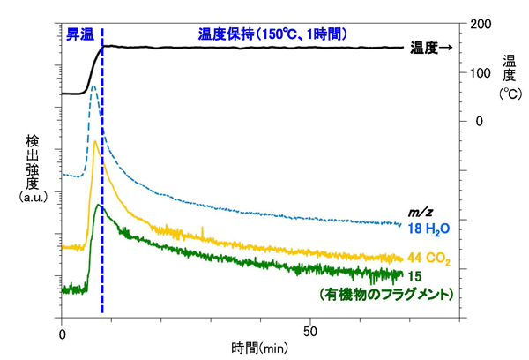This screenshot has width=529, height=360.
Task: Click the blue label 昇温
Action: tap(78, 34)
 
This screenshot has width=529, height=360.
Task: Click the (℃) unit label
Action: tap(509, 93)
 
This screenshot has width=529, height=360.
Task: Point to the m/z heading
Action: tap(419, 212)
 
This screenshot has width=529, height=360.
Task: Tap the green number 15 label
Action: tap(414, 276)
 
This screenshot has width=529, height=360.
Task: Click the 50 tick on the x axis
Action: tap(311, 334)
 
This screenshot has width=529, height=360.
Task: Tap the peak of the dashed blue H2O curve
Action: tap(93, 86)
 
